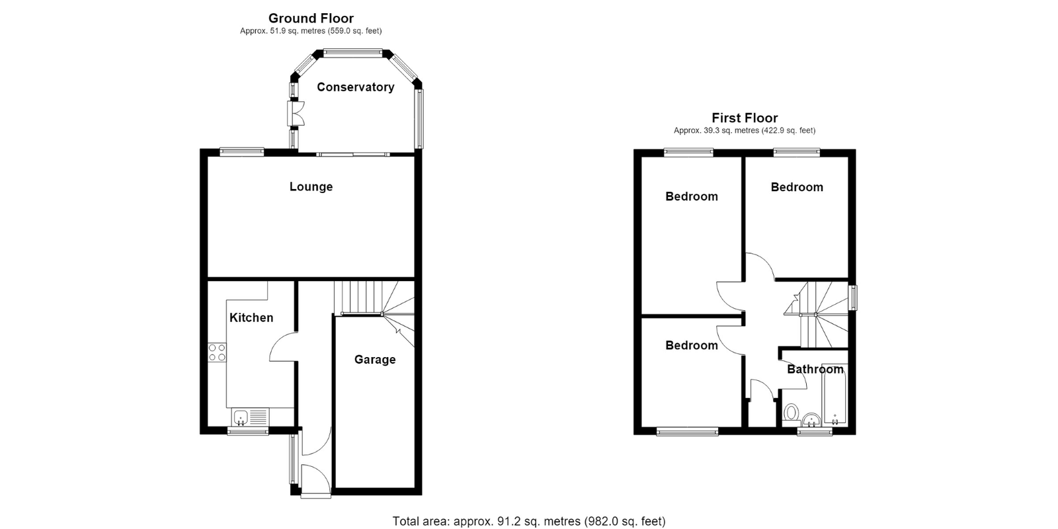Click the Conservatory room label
coord(355,87)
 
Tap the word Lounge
coord(311,187)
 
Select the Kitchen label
coord(251,318)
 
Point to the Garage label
coord(375,360)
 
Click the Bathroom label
coord(815,370)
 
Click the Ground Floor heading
coord(311,19)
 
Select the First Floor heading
coord(745,118)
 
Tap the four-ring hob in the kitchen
coord(218,353)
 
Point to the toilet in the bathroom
coord(791,413)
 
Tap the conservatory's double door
coord(296,113)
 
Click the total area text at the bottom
coord(529,521)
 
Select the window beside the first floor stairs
coord(853,298)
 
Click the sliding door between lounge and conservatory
coord(353,154)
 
